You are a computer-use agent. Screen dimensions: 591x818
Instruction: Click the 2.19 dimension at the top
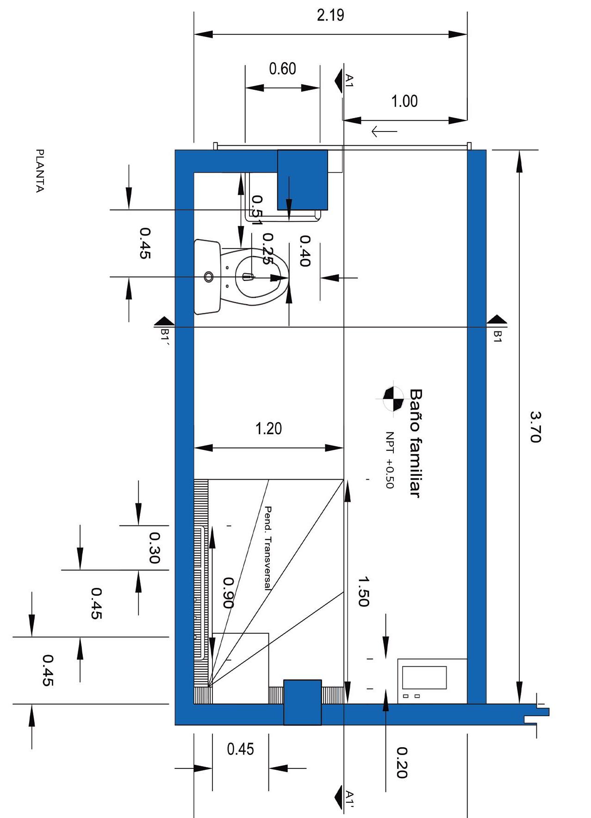point(330,15)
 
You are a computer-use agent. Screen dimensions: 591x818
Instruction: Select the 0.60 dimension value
point(282,69)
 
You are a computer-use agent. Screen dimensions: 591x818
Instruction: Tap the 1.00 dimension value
point(404,101)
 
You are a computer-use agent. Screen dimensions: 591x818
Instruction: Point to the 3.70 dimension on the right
point(535,427)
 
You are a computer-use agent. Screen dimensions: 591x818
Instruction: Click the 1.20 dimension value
point(268,429)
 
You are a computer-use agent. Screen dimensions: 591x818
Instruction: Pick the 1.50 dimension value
point(363,591)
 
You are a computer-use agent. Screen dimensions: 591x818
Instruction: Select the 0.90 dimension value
point(228,592)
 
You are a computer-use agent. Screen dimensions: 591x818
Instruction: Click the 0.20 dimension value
point(402,762)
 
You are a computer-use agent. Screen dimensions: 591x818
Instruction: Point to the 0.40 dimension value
point(305,251)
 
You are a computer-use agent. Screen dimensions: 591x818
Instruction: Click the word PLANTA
point(40,170)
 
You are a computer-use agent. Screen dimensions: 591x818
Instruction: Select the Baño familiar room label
point(416,443)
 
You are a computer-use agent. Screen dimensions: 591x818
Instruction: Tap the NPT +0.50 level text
point(389,460)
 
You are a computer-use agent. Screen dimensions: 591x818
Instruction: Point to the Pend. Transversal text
point(268,548)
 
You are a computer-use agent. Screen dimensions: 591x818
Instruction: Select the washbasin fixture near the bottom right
point(432,681)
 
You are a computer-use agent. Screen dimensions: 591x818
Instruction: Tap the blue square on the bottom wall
point(302,702)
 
